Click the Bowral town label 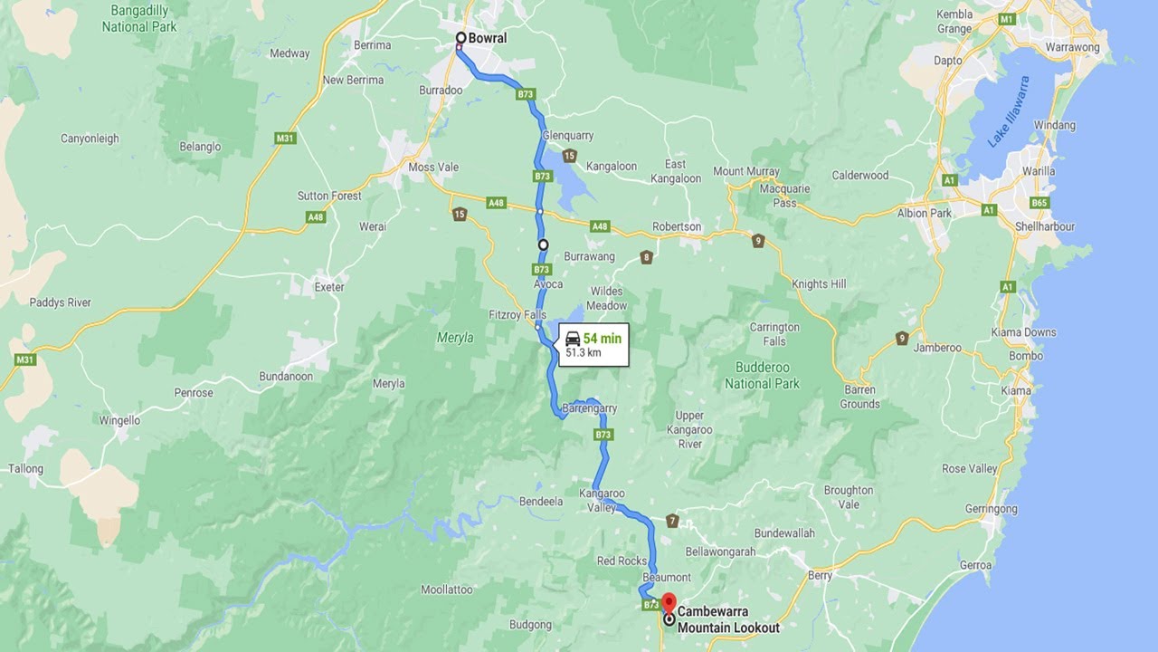point(488,38)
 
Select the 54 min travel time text point(603,339)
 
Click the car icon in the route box point(573,339)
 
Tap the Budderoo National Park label point(762,376)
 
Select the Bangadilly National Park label point(138,18)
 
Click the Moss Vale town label point(433,168)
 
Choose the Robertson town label point(676,226)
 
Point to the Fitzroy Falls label point(517,313)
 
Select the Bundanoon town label point(285,376)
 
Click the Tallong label point(25,469)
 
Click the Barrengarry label point(590,408)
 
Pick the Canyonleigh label point(90,139)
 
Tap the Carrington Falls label point(774,334)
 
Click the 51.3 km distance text point(584,353)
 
